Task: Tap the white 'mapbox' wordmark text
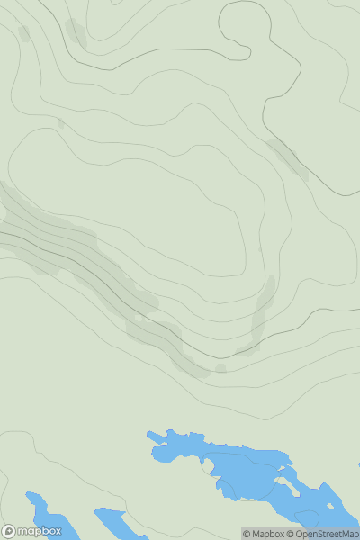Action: pos(40,531)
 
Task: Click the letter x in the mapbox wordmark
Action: pos(57,531)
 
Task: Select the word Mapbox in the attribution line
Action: pos(268,534)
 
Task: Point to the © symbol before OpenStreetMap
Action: pos(290,534)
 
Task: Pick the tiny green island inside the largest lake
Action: pos(209,467)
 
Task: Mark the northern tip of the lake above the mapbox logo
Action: pos(29,494)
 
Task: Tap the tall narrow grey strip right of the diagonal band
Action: pos(263,310)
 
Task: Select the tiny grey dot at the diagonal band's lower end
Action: pos(220,367)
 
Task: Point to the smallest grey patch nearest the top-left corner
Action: pos(23,33)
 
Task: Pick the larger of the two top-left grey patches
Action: pos(76,33)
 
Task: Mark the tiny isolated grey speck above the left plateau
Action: pos(61,122)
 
